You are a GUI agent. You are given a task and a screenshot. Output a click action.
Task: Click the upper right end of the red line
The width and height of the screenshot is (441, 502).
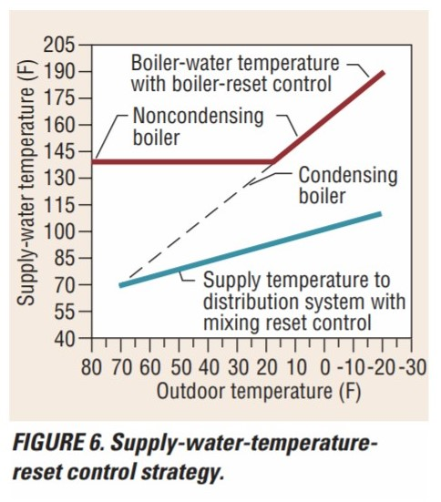click(x=383, y=72)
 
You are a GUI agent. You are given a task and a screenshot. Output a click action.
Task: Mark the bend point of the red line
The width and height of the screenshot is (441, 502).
click(x=273, y=161)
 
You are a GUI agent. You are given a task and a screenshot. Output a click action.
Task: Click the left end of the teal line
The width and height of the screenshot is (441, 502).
click(x=121, y=285)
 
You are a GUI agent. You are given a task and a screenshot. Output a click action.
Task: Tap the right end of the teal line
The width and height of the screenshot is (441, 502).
click(x=379, y=214)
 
